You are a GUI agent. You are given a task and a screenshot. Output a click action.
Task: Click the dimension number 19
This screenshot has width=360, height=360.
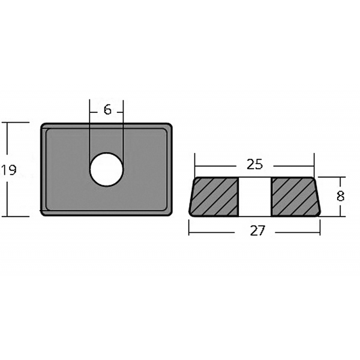[9, 170]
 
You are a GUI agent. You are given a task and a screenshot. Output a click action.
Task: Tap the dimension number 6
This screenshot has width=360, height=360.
[107, 110]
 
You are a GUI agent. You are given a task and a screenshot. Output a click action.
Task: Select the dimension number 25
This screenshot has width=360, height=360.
[254, 164]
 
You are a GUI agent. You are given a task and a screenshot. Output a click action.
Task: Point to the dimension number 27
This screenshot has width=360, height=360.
[257, 230]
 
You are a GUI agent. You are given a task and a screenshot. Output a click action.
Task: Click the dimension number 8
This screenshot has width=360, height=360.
[340, 197]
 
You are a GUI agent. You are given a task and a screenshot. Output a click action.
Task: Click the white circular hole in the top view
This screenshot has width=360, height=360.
[107, 169]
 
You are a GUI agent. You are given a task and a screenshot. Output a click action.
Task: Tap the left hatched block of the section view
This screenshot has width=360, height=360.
[214, 197]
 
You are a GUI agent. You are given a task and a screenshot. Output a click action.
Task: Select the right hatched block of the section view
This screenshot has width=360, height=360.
[296, 197]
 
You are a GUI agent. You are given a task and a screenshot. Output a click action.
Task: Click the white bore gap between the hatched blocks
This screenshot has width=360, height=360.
[255, 197]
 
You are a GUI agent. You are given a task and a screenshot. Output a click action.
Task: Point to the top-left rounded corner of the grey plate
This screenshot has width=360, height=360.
[43, 126]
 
